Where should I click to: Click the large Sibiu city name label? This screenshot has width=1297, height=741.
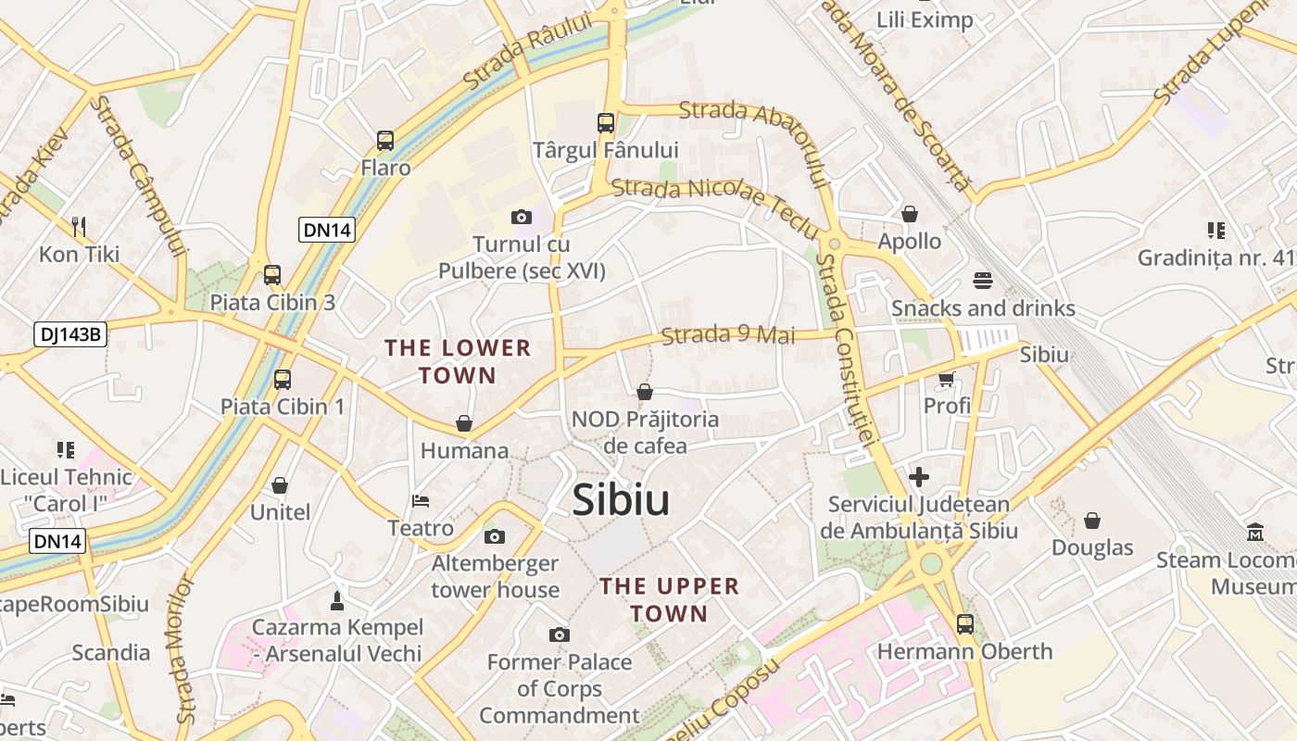click(x=621, y=500)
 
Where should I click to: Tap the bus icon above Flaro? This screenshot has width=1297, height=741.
click(x=385, y=141)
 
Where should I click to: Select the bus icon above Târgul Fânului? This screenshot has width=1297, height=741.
click(x=606, y=122)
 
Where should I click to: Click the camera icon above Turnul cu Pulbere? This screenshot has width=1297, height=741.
click(x=522, y=217)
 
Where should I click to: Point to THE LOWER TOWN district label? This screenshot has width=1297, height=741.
click(x=458, y=361)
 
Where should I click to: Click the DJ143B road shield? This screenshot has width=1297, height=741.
click(x=70, y=334)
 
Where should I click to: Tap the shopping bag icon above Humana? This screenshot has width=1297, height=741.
click(x=464, y=423)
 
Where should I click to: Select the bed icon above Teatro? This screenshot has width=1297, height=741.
click(x=421, y=501)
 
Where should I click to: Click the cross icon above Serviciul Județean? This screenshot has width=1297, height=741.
click(x=919, y=477)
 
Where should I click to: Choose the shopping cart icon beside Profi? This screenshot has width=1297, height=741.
click(x=947, y=379)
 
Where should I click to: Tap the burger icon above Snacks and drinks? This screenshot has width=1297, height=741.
click(x=983, y=280)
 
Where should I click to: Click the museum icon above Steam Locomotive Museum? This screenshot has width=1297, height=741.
click(x=1255, y=532)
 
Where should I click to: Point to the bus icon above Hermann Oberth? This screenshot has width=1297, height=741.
click(x=965, y=623)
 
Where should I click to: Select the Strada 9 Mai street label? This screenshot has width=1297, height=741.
click(x=728, y=334)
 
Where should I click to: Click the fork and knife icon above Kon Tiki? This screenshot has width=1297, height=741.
click(x=79, y=226)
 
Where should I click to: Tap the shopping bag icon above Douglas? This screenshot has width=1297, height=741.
click(x=1092, y=521)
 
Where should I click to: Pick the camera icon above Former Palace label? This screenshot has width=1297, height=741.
click(x=559, y=634)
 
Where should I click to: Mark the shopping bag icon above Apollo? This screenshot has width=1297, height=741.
click(x=910, y=214)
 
